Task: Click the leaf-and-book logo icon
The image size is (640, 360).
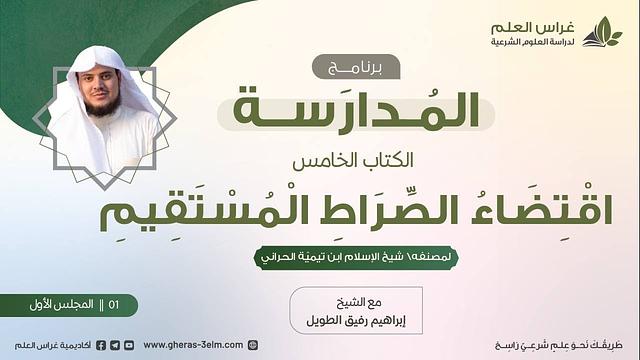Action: (602, 32)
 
